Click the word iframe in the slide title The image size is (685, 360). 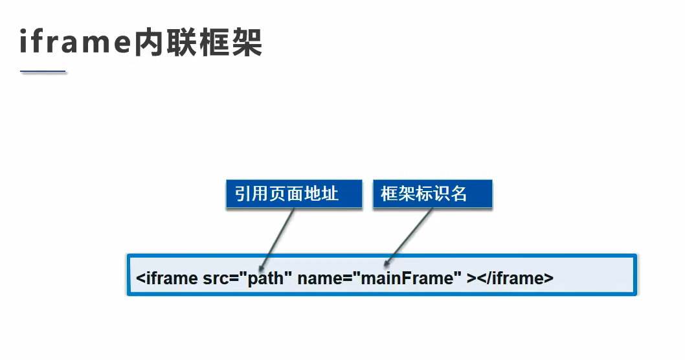click(75, 43)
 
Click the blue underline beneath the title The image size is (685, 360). click(43, 71)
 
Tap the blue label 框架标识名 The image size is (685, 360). click(432, 194)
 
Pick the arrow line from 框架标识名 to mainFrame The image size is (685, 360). click(409, 234)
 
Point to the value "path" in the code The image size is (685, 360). click(267, 278)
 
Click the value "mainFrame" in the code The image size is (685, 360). click(406, 278)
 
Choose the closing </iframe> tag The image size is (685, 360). click(515, 278)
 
